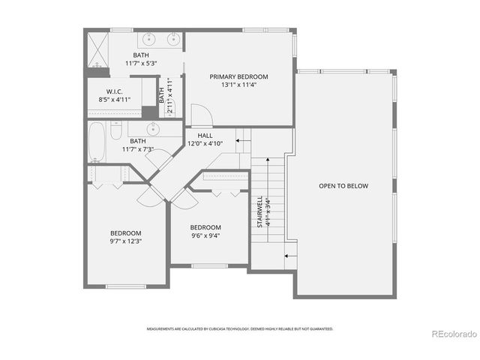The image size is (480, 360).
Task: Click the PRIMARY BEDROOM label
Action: [x=238, y=76]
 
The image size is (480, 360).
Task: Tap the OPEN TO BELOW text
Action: [x=343, y=186]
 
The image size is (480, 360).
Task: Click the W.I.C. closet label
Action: [x=115, y=91]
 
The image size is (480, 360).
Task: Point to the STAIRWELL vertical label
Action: [x=260, y=212]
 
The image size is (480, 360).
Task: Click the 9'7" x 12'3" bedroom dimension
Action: [x=126, y=241]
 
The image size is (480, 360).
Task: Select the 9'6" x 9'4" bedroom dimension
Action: [x=205, y=235]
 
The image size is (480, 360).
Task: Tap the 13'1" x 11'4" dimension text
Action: [x=238, y=85]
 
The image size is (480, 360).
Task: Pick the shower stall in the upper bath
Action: [x=97, y=49]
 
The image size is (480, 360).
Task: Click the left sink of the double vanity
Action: [x=149, y=38]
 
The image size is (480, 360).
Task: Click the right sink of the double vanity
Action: [x=174, y=38]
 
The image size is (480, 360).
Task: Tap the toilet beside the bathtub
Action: [x=115, y=132]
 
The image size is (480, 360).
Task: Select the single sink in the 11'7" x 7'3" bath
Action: [x=154, y=129]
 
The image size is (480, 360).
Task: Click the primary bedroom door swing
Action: [x=200, y=115]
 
